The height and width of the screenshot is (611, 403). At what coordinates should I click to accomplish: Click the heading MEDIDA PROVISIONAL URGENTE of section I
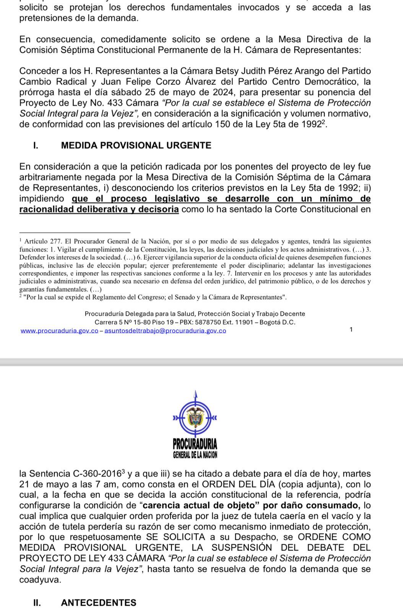(x=136, y=145)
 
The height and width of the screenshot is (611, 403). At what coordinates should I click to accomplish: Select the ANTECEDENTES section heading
(x=98, y=603)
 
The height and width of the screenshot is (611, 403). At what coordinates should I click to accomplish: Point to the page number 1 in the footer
(x=351, y=330)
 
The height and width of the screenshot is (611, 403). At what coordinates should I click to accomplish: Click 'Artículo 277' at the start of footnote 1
(x=43, y=241)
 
